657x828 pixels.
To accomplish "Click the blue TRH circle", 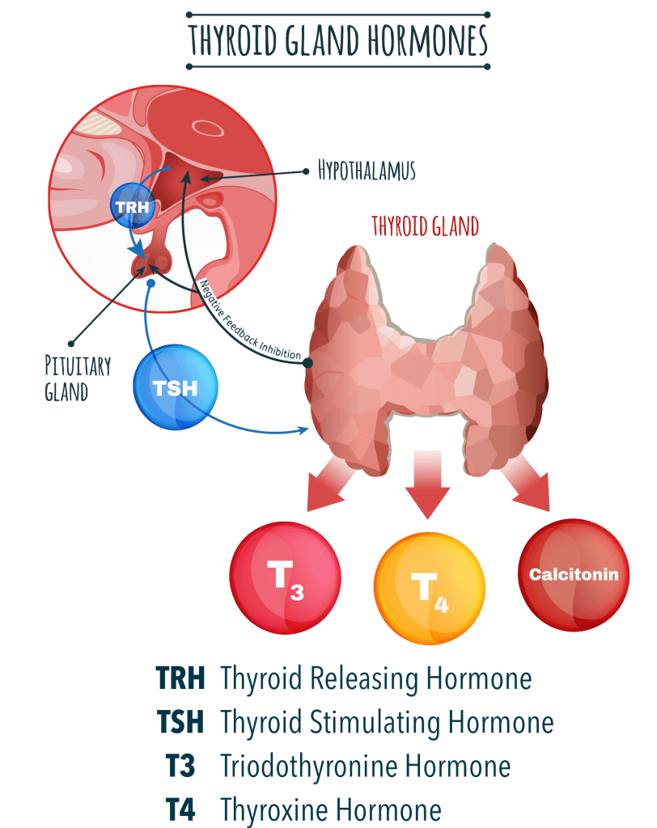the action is tap(130, 205).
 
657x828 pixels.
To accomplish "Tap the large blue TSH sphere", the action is tap(176, 388).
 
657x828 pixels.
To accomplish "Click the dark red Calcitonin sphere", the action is tap(573, 575).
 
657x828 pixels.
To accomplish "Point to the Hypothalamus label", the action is tap(367, 171).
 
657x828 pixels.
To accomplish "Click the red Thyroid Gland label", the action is tap(426, 226).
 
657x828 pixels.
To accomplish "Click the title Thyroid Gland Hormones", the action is tap(338, 39).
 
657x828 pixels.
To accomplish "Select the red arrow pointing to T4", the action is tap(430, 483).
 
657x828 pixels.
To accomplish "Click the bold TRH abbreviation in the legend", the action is tap(180, 678).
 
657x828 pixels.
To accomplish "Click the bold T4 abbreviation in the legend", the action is tap(180, 809).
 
